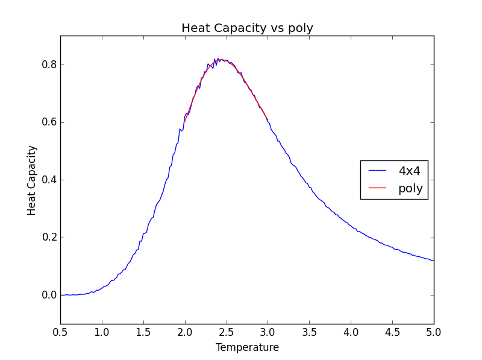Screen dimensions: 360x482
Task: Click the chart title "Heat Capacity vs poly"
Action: pyautogui.click(x=247, y=28)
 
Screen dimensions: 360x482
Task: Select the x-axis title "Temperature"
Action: pyautogui.click(x=247, y=347)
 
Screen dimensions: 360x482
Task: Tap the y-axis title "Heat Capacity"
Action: pyautogui.click(x=32, y=180)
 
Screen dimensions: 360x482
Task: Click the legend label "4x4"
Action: pyautogui.click(x=409, y=171)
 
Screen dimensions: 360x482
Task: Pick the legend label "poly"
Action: pyautogui.click(x=410, y=189)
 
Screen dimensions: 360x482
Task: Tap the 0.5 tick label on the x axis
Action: pyautogui.click(x=60, y=332)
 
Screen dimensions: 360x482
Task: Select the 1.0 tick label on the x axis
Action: pyautogui.click(x=102, y=332)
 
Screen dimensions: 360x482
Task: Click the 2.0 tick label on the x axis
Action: pyautogui.click(x=185, y=332)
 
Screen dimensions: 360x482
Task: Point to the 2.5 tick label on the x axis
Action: pyautogui.click(x=227, y=332)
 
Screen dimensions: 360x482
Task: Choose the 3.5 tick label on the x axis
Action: pyautogui.click(x=309, y=332)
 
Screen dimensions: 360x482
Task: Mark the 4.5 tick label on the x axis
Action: pyautogui.click(x=392, y=332)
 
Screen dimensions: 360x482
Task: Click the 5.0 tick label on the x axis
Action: pyautogui.click(x=434, y=332)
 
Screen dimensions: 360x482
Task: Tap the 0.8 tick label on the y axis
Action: pyautogui.click(x=48, y=65)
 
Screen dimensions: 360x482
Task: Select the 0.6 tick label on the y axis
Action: pyautogui.click(x=48, y=122)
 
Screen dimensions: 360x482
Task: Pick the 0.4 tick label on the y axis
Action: pyautogui.click(x=48, y=180)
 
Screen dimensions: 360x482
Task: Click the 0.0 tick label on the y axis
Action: pyautogui.click(x=48, y=295)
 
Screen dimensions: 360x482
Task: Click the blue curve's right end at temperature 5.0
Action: pyautogui.click(x=433, y=261)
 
